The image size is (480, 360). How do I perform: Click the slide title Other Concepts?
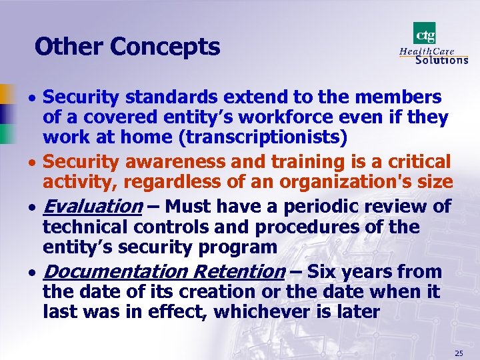[127, 47]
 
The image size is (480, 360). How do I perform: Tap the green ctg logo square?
[424, 33]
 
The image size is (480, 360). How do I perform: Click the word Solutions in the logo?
[441, 59]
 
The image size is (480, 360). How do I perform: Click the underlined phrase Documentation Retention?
[163, 271]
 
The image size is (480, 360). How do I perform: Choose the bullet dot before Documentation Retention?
[33, 273]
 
